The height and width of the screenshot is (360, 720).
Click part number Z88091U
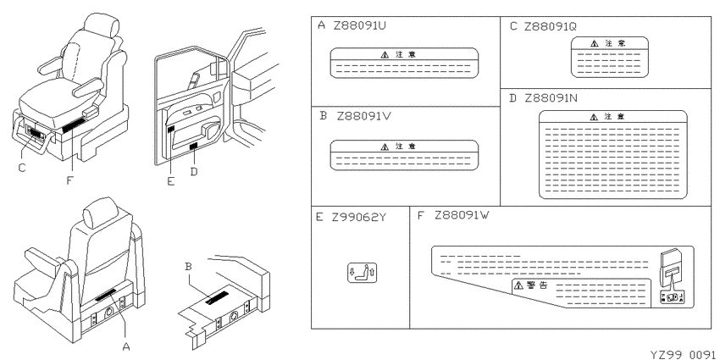coord(359,25)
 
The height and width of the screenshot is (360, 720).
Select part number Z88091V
coord(364,116)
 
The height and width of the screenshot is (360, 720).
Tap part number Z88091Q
coord(550,26)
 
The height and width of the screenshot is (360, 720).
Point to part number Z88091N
coord(551,98)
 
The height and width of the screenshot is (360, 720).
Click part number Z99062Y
coord(359,217)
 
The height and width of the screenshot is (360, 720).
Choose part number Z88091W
coord(462,215)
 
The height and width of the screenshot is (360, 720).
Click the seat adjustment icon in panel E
coord(362,273)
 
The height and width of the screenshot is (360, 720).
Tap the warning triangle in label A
coord(385,55)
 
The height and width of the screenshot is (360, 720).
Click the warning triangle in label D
coord(594,117)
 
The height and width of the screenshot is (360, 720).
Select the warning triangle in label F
coord(518,285)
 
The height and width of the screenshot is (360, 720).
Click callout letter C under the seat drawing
coord(22,168)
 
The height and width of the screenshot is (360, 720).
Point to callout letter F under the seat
coord(69,180)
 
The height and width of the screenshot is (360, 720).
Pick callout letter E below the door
coord(171,181)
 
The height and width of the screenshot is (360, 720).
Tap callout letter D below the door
coord(194,171)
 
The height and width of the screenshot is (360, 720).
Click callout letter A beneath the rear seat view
coord(126,347)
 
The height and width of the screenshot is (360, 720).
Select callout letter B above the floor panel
coord(187,266)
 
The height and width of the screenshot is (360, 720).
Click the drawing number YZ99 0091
coord(684,354)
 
